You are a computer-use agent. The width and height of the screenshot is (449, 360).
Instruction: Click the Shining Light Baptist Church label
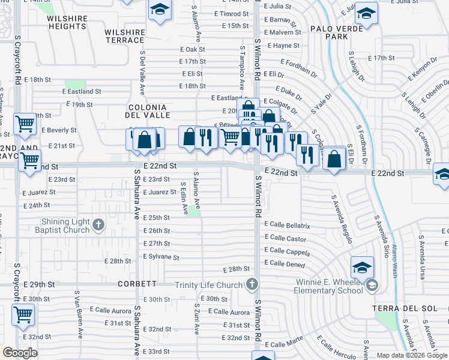tap(58, 226)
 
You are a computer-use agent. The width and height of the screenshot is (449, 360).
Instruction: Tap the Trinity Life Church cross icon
tap(253, 284)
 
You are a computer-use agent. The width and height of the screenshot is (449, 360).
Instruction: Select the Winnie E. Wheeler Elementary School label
tap(329, 286)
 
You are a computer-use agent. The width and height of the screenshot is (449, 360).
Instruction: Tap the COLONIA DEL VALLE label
tap(148, 110)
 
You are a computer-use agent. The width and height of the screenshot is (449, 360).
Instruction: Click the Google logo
tap(20, 353)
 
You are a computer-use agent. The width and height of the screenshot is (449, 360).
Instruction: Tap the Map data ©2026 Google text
tap(411, 355)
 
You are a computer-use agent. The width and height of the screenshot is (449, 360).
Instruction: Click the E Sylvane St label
tap(161, 257)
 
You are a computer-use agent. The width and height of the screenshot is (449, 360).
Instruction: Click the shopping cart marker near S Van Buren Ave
tap(23, 314)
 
